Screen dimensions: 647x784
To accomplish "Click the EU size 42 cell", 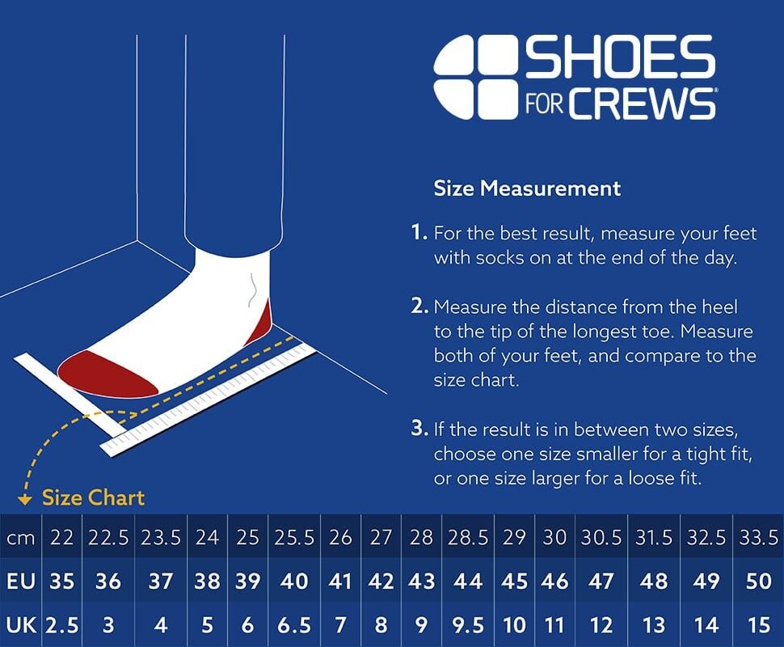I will click(x=381, y=581).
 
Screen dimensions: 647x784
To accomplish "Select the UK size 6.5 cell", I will click(x=294, y=625).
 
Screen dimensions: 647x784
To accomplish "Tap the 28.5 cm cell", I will click(x=468, y=537).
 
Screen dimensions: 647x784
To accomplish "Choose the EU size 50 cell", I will click(x=758, y=581).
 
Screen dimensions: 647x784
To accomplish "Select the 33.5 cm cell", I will click(x=758, y=537).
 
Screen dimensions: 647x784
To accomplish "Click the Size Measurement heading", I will click(x=527, y=188).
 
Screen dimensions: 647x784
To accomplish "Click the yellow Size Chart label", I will click(x=93, y=497).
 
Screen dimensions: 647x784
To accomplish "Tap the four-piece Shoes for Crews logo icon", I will click(x=475, y=78).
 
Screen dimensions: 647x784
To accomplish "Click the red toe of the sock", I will click(x=105, y=373).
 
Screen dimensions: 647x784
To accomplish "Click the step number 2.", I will click(x=418, y=307).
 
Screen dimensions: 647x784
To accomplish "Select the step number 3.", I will click(x=418, y=429).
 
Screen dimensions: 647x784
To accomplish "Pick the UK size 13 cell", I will click(x=654, y=625).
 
